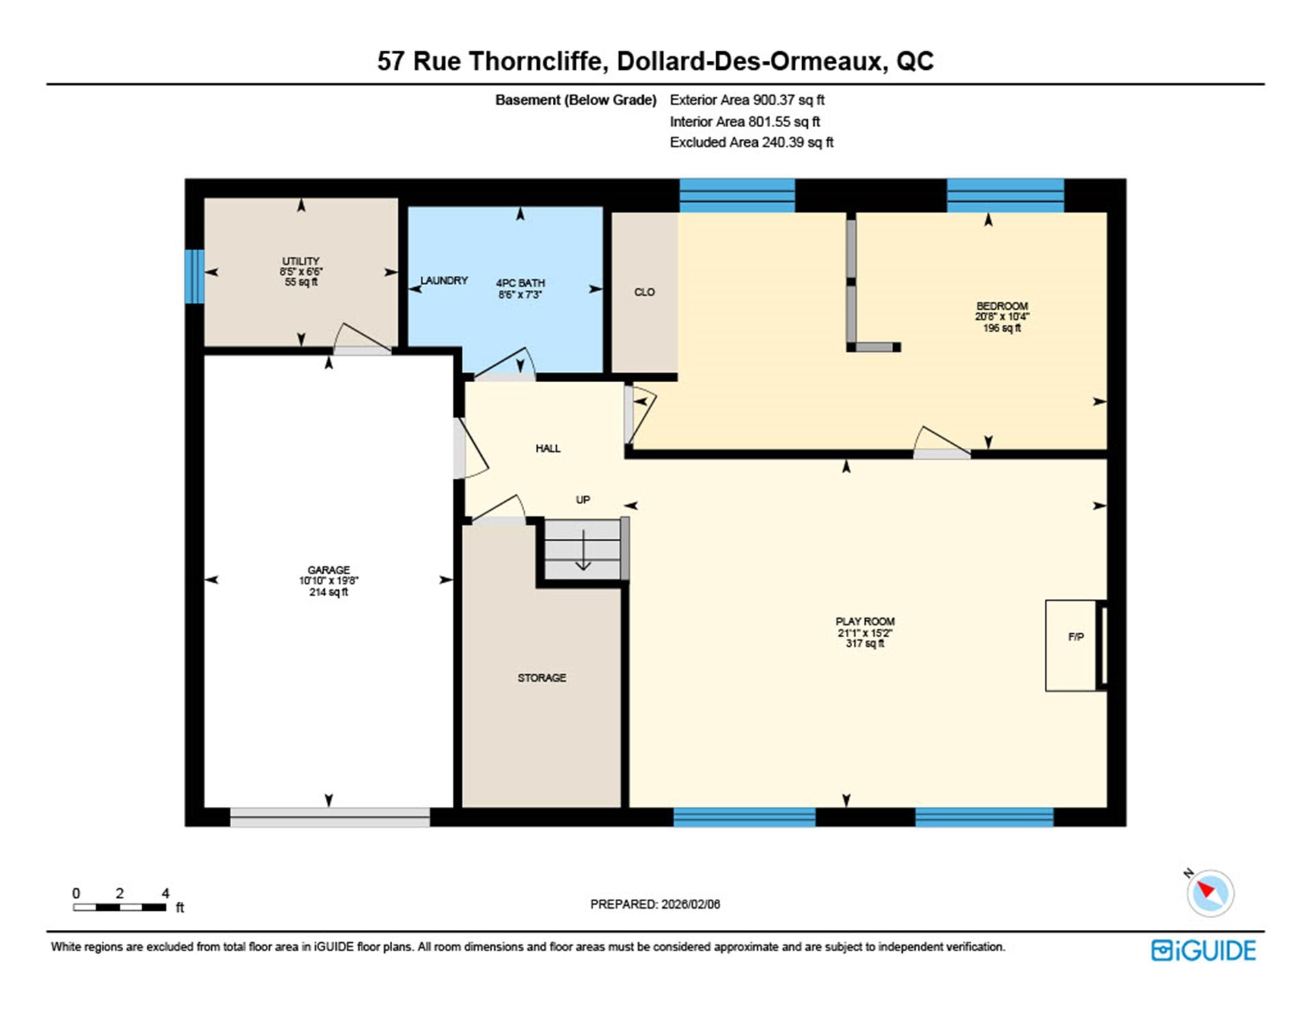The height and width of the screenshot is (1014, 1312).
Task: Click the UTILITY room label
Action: point(301,261)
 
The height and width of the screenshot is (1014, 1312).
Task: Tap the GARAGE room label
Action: point(329,570)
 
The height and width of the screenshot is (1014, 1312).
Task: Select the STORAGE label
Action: point(542,678)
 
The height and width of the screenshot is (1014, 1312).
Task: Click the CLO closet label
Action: point(644,292)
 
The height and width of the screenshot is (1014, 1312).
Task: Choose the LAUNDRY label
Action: point(444,280)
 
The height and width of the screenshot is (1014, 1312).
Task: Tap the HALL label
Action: point(548,449)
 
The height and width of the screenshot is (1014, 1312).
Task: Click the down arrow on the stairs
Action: point(583,549)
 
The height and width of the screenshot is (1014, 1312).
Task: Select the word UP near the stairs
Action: point(583,500)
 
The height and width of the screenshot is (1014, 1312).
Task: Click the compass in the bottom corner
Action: point(1210,893)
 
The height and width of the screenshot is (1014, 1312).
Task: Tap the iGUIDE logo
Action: point(1203,950)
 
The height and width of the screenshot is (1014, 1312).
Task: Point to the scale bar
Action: point(120,907)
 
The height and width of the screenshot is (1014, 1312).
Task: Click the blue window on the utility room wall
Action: point(195,276)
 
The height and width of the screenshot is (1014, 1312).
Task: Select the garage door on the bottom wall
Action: point(330,817)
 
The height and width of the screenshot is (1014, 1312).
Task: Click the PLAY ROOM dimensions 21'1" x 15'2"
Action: point(865,633)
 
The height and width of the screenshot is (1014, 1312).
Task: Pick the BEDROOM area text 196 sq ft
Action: point(1002,328)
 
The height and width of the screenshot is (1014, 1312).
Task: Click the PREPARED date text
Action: point(655,904)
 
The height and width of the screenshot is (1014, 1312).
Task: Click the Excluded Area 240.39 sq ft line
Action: point(752,142)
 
